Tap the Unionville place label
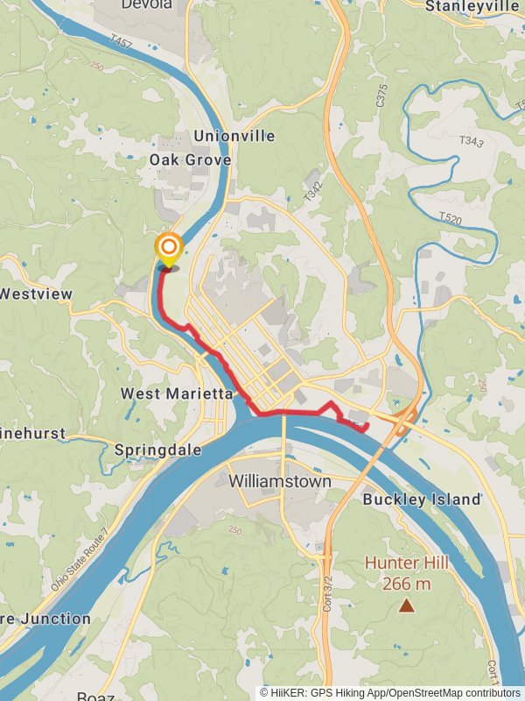point(234,136)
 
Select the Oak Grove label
point(190,159)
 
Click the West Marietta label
point(177,393)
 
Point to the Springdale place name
point(157,450)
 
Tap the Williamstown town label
point(280,481)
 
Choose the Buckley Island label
point(422,499)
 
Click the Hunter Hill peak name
point(407,563)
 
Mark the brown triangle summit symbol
point(407,605)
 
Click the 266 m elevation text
point(407,584)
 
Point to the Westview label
point(35,294)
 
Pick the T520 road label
point(450,217)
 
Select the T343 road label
point(470,141)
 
